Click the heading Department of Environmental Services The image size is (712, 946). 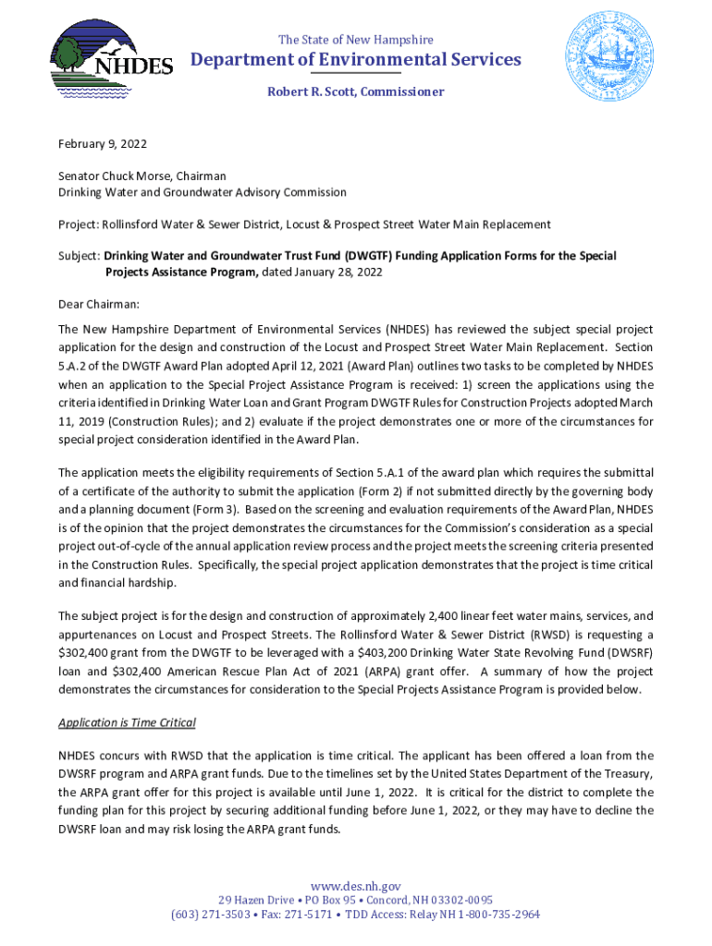coord(356,60)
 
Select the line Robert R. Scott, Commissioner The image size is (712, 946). coord(356,91)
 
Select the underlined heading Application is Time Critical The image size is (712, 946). coord(128,722)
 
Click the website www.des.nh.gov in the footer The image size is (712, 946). coord(356,887)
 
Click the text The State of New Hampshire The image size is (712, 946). coord(356,40)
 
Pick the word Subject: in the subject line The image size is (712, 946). coord(80,256)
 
